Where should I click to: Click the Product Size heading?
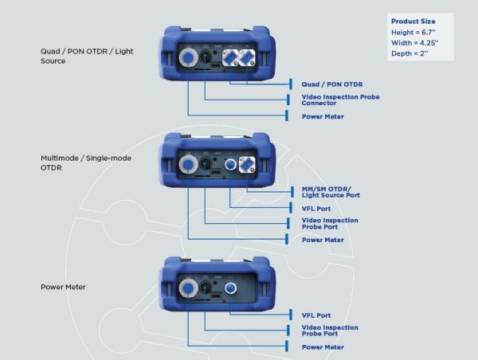[x=413, y=21]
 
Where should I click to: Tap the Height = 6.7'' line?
[x=414, y=32]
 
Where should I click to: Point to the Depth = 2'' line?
[x=410, y=53]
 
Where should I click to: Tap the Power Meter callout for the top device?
[x=323, y=116]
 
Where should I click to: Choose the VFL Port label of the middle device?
[x=317, y=209]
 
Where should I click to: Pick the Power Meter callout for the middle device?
[x=323, y=240]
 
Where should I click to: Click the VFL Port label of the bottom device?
[x=317, y=315]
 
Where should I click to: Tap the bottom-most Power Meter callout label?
[x=323, y=347]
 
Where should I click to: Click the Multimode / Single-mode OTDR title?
[x=85, y=162]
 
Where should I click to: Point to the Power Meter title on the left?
[x=63, y=286]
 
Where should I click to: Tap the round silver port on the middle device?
[x=190, y=165]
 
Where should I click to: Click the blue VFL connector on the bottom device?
[x=230, y=288]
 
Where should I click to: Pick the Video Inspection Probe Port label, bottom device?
[x=329, y=331]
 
